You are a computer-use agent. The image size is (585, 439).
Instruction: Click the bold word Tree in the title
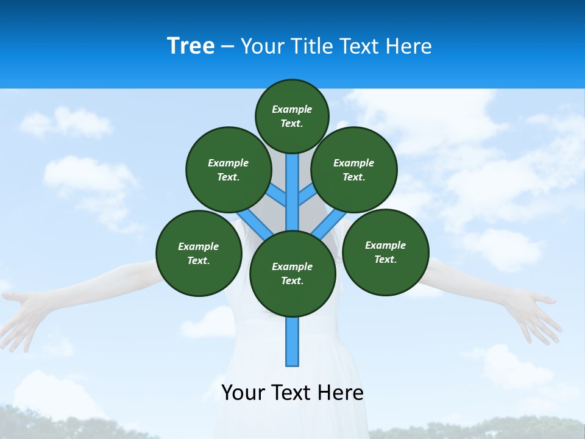tap(191, 46)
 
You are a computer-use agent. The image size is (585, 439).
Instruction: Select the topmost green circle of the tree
tap(292, 116)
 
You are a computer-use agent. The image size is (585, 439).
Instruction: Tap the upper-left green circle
tap(229, 170)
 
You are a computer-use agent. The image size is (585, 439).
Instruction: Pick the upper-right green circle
tap(354, 170)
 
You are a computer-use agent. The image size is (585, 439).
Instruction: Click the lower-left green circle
tap(199, 253)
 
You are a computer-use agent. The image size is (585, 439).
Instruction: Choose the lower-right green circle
tap(386, 252)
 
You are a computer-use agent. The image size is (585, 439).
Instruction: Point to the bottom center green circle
tap(292, 274)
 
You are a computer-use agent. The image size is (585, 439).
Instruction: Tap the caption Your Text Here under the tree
tap(292, 393)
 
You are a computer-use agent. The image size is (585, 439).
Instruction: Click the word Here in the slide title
tap(409, 46)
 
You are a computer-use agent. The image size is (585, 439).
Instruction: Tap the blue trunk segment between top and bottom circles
tap(292, 189)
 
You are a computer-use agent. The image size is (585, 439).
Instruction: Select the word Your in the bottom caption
tap(243, 393)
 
